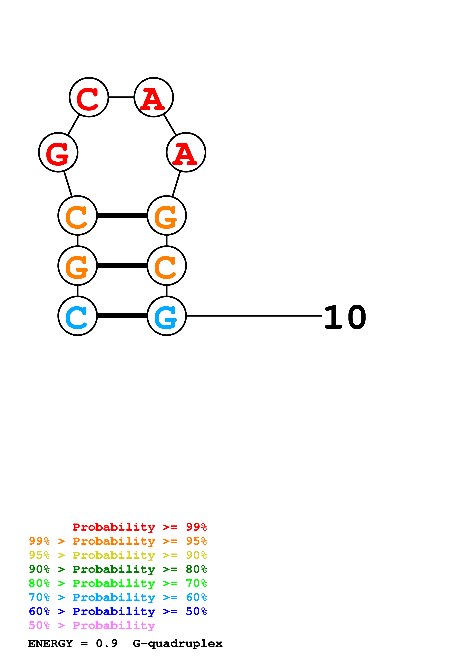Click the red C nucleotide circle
[x=89, y=97]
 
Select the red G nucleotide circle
[x=58, y=152]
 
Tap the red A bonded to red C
[x=154, y=97]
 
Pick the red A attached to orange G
[x=186, y=152]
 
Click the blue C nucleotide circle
[x=77, y=316]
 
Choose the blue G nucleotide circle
[x=167, y=316]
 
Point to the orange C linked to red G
[x=77, y=215]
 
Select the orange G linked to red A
[x=167, y=215]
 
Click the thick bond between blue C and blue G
[x=122, y=316]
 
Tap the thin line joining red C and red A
[x=121, y=97]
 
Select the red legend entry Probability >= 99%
[x=139, y=527]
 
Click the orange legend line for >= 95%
[x=118, y=541]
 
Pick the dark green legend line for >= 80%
[x=118, y=569]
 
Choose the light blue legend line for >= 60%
[x=118, y=597]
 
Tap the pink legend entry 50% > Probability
[x=92, y=625]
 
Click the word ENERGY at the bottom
[x=50, y=644]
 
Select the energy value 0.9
[x=107, y=644]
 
